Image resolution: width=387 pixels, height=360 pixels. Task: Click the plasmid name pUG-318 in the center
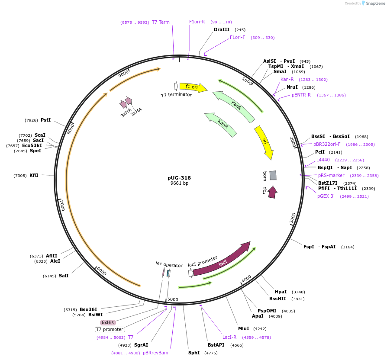click(x=179, y=178)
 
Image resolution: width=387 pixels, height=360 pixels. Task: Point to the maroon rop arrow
click(x=272, y=192)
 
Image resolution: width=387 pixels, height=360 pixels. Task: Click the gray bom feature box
click(x=273, y=175)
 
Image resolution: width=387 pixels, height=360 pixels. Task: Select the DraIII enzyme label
click(x=222, y=30)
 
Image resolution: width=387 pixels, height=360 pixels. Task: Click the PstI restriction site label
click(x=45, y=120)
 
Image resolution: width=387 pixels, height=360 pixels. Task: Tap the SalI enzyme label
click(x=64, y=276)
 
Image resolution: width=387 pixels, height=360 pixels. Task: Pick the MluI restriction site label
click(x=243, y=328)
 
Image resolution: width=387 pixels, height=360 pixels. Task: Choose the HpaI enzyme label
click(x=281, y=292)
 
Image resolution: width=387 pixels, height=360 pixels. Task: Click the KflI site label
click(x=34, y=175)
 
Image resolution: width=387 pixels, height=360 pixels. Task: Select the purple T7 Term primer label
click(x=161, y=22)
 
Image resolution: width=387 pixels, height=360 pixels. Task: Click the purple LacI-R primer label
click(x=229, y=337)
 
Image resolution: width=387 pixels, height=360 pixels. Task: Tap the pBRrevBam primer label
click(x=155, y=353)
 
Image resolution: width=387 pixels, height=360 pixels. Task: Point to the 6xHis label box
click(x=108, y=322)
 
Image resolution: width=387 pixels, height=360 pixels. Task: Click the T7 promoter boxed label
click(x=110, y=329)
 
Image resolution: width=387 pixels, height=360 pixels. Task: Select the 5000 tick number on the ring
click(x=173, y=299)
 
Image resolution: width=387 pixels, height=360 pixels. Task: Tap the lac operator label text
click(x=169, y=263)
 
